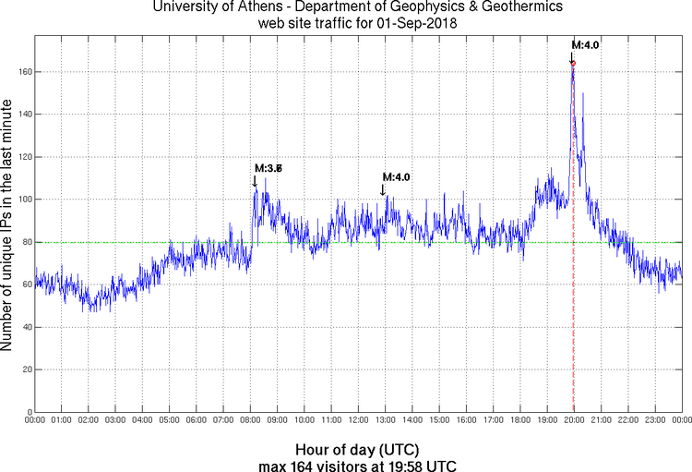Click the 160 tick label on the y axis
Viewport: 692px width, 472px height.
click(x=23, y=72)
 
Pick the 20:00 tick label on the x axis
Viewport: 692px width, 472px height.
click(x=573, y=421)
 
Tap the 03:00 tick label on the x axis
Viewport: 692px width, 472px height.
click(x=115, y=421)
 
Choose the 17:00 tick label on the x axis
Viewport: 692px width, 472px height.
click(x=493, y=421)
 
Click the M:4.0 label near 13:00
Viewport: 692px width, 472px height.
click(x=396, y=177)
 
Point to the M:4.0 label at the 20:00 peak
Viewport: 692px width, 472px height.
click(x=586, y=44)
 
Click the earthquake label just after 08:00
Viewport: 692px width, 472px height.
click(x=268, y=168)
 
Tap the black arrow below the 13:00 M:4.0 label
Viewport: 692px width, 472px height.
click(x=383, y=189)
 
